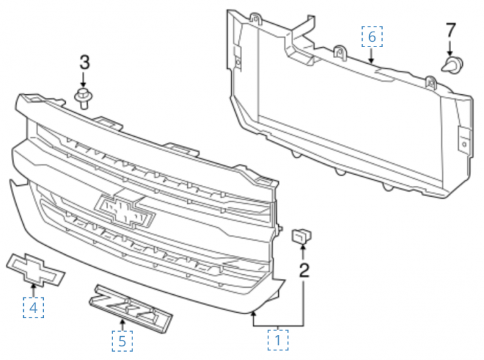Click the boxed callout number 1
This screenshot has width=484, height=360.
[277, 340]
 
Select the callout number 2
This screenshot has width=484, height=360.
[304, 270]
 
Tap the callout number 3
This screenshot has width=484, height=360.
[85, 62]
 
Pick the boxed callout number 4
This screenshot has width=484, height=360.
[34, 308]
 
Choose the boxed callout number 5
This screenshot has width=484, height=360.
[122, 341]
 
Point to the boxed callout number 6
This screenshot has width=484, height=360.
[372, 37]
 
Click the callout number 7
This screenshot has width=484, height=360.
[450, 30]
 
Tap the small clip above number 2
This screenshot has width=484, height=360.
[301, 235]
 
